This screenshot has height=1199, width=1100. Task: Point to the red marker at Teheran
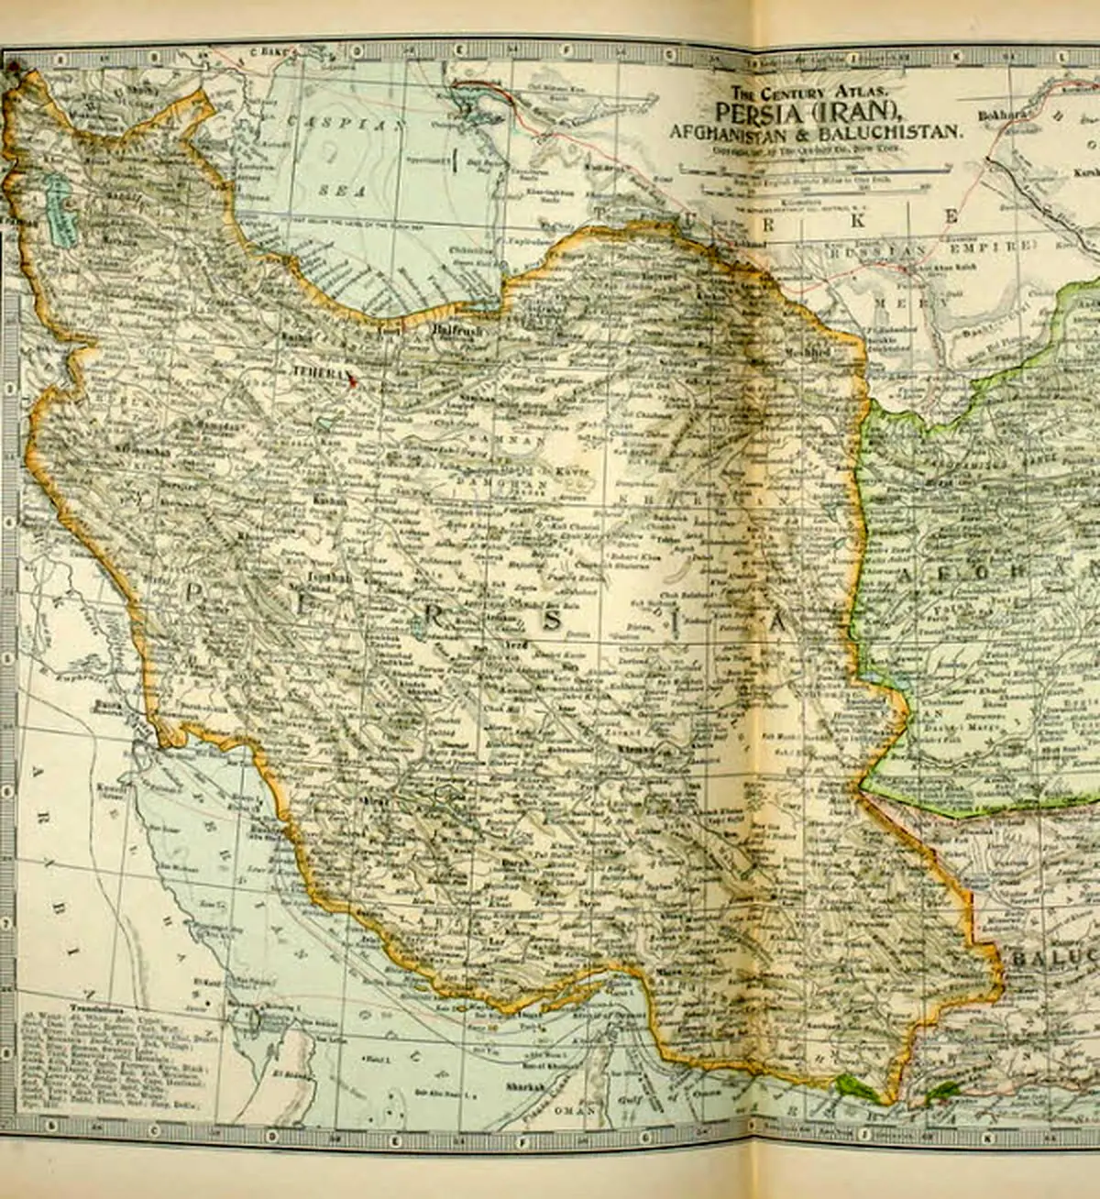coord(351,382)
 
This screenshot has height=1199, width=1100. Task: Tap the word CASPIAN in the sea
coord(344,122)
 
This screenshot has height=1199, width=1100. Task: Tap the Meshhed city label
coord(812,352)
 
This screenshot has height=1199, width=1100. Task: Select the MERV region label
coord(898,302)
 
